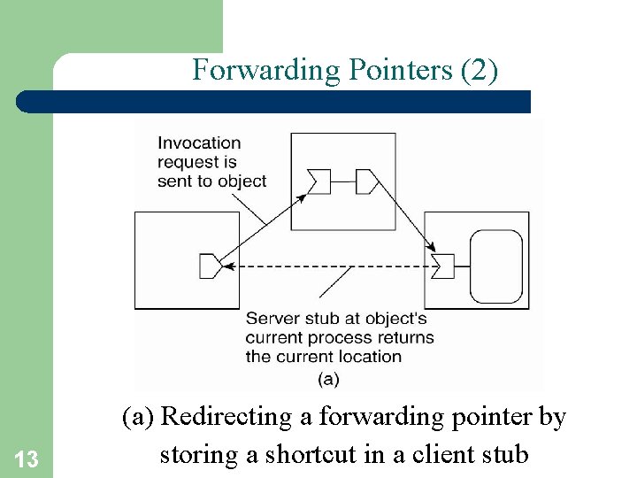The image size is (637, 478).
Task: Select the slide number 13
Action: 27,459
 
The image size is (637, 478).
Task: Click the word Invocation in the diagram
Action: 199,143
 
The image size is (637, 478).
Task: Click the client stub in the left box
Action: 210,265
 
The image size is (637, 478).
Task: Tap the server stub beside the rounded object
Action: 444,265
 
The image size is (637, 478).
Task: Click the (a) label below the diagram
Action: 327,379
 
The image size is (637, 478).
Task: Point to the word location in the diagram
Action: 372,357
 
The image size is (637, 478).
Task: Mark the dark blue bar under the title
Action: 274,102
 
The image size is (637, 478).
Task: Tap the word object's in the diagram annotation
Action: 395,318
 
